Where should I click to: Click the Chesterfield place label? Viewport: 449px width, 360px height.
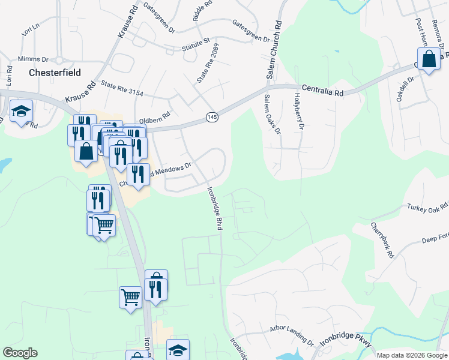55,72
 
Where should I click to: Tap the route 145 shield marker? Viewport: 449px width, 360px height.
211,117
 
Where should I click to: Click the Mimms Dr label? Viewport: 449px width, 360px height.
33,59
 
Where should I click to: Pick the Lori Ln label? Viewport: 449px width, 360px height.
29,29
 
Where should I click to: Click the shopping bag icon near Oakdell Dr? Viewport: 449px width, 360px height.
429,60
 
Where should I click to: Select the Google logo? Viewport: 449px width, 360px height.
20,353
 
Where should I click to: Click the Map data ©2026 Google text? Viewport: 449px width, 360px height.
411,355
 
